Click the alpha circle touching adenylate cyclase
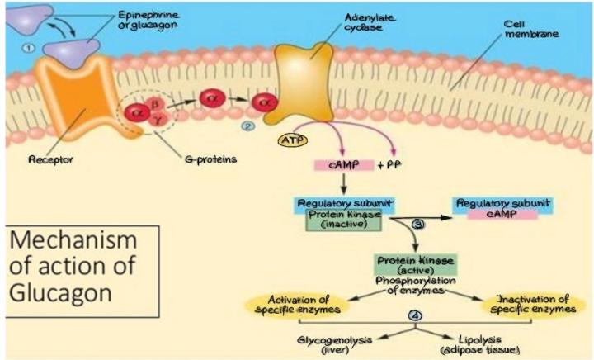tap(266, 103)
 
